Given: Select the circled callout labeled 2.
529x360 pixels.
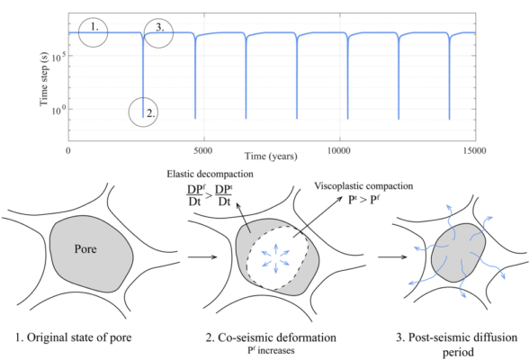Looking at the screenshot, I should pyautogui.click(x=148, y=112).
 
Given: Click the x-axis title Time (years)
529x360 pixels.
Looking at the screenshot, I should pyautogui.click(x=272, y=160).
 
